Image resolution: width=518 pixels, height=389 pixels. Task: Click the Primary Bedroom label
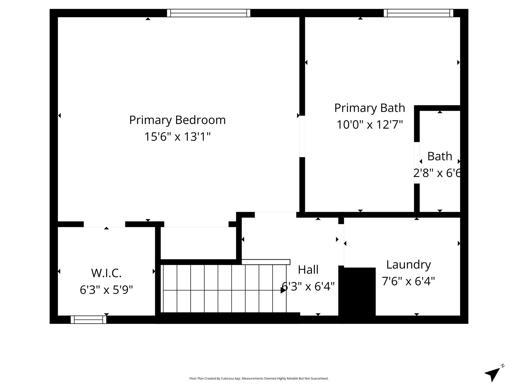tap(177, 120)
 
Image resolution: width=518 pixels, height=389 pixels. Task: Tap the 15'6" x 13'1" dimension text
tap(177, 137)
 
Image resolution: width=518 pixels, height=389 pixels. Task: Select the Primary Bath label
tap(370, 108)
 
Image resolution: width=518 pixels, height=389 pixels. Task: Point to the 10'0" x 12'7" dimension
tap(370, 125)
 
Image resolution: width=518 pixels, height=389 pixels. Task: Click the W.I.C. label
tap(106, 273)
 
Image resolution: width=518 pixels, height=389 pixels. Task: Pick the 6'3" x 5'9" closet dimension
tap(106, 290)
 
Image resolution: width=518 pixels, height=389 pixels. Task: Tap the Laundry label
tap(408, 265)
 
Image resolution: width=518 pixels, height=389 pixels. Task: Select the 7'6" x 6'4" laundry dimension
tap(408, 281)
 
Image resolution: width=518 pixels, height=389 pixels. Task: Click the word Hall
tap(308, 270)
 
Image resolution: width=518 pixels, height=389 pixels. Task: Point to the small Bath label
tap(440, 156)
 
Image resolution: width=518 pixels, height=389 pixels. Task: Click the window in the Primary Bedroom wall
tap(209, 13)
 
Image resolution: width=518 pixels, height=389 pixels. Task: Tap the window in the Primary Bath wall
tap(418, 13)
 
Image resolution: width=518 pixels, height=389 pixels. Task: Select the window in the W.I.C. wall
tap(89, 320)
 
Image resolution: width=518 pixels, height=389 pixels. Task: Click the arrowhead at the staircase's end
tap(283, 290)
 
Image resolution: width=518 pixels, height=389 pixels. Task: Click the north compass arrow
tap(492, 376)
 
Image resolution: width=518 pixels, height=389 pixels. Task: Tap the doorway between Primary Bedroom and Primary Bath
tap(302, 136)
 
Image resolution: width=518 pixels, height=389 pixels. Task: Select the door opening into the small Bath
tap(417, 163)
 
